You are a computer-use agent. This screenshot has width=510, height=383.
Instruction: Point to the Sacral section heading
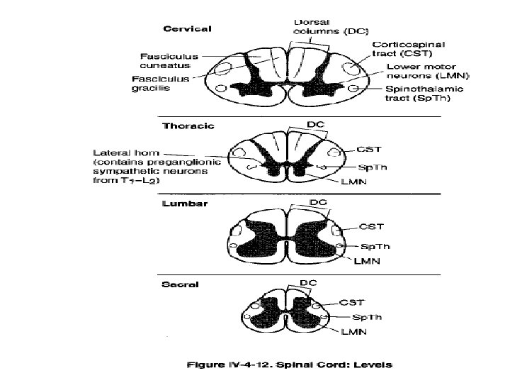tap(181, 284)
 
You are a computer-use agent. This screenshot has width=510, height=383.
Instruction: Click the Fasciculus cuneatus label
tap(160, 60)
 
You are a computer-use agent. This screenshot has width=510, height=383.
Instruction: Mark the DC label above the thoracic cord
tap(316, 123)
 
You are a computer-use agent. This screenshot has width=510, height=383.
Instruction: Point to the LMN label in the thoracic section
tap(348, 182)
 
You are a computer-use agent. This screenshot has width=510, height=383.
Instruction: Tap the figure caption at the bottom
tap(288, 365)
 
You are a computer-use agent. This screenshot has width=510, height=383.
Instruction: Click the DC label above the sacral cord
tap(308, 283)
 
